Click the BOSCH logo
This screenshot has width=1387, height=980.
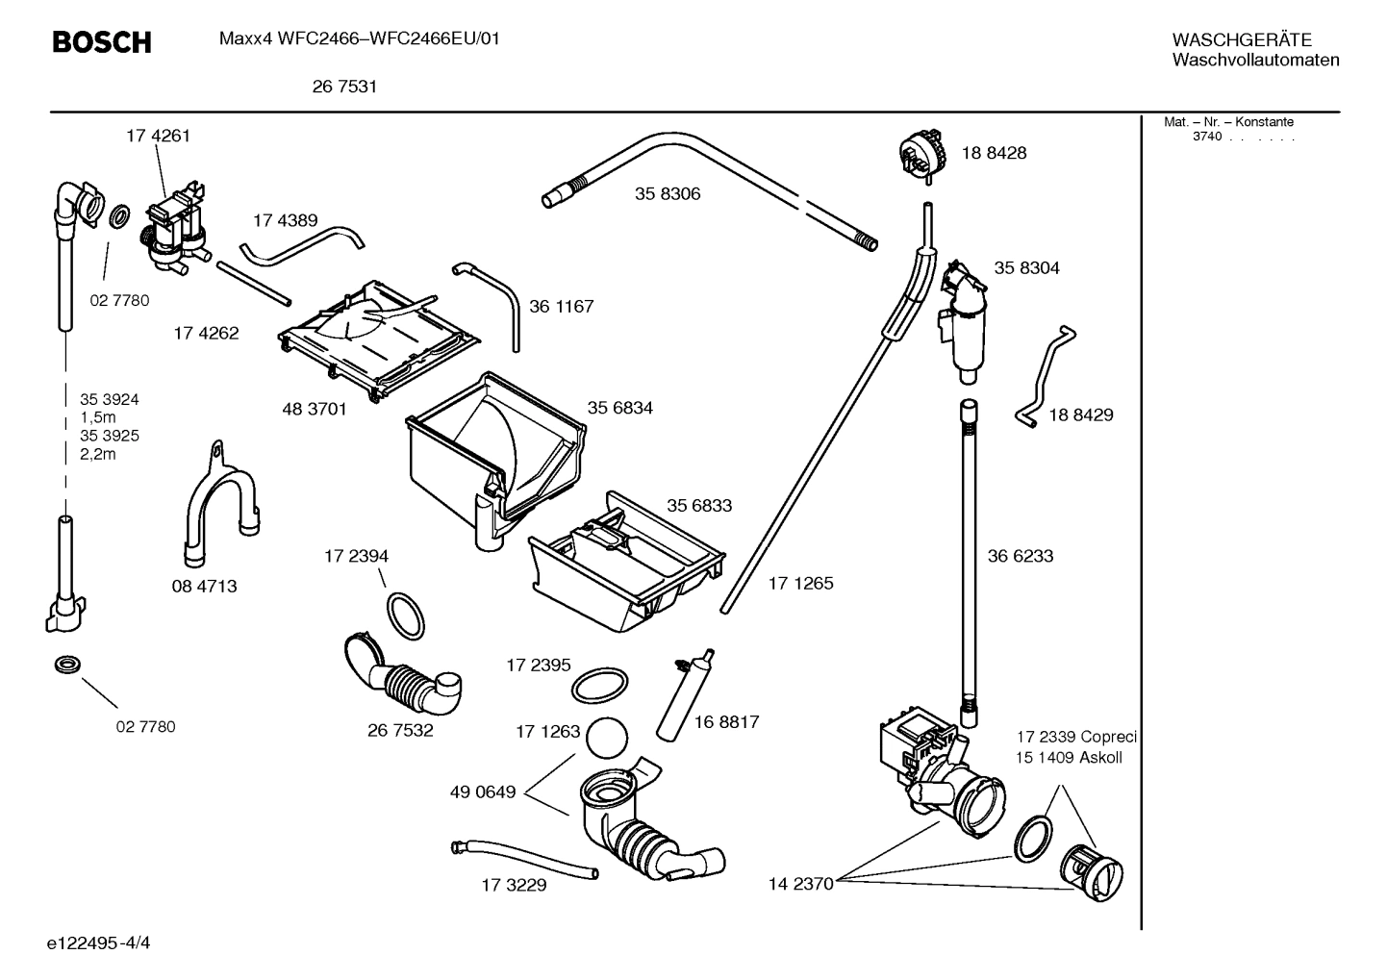click(x=101, y=42)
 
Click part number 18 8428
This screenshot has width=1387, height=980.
click(x=994, y=153)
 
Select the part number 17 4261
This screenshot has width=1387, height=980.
click(x=158, y=136)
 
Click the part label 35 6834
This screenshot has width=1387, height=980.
click(x=619, y=408)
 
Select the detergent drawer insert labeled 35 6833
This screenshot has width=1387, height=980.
click(x=625, y=564)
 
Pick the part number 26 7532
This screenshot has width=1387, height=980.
click(x=400, y=730)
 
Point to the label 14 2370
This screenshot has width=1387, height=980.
click(x=800, y=884)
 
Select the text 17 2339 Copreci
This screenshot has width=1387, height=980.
click(x=1076, y=737)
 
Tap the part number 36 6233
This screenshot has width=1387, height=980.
click(x=1021, y=556)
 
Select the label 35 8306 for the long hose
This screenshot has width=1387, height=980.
click(x=668, y=194)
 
